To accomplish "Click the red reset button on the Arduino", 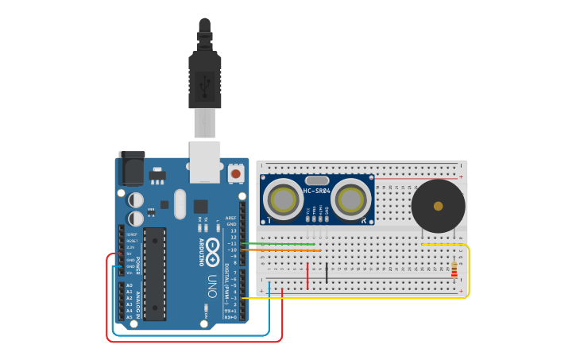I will [x=236, y=172].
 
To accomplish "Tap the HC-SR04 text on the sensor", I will [x=317, y=191].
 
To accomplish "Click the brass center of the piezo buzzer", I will [x=438, y=206].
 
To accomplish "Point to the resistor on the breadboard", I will [x=454, y=270].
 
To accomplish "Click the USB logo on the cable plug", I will [x=205, y=82].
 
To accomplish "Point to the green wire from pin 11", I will [x=278, y=244].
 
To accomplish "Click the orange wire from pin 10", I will [x=278, y=250].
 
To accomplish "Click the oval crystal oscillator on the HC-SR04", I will [x=317, y=180].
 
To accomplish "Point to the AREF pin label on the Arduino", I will [x=230, y=218].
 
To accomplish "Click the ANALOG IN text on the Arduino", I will [x=138, y=300].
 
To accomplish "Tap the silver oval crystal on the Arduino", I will [x=180, y=204].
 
